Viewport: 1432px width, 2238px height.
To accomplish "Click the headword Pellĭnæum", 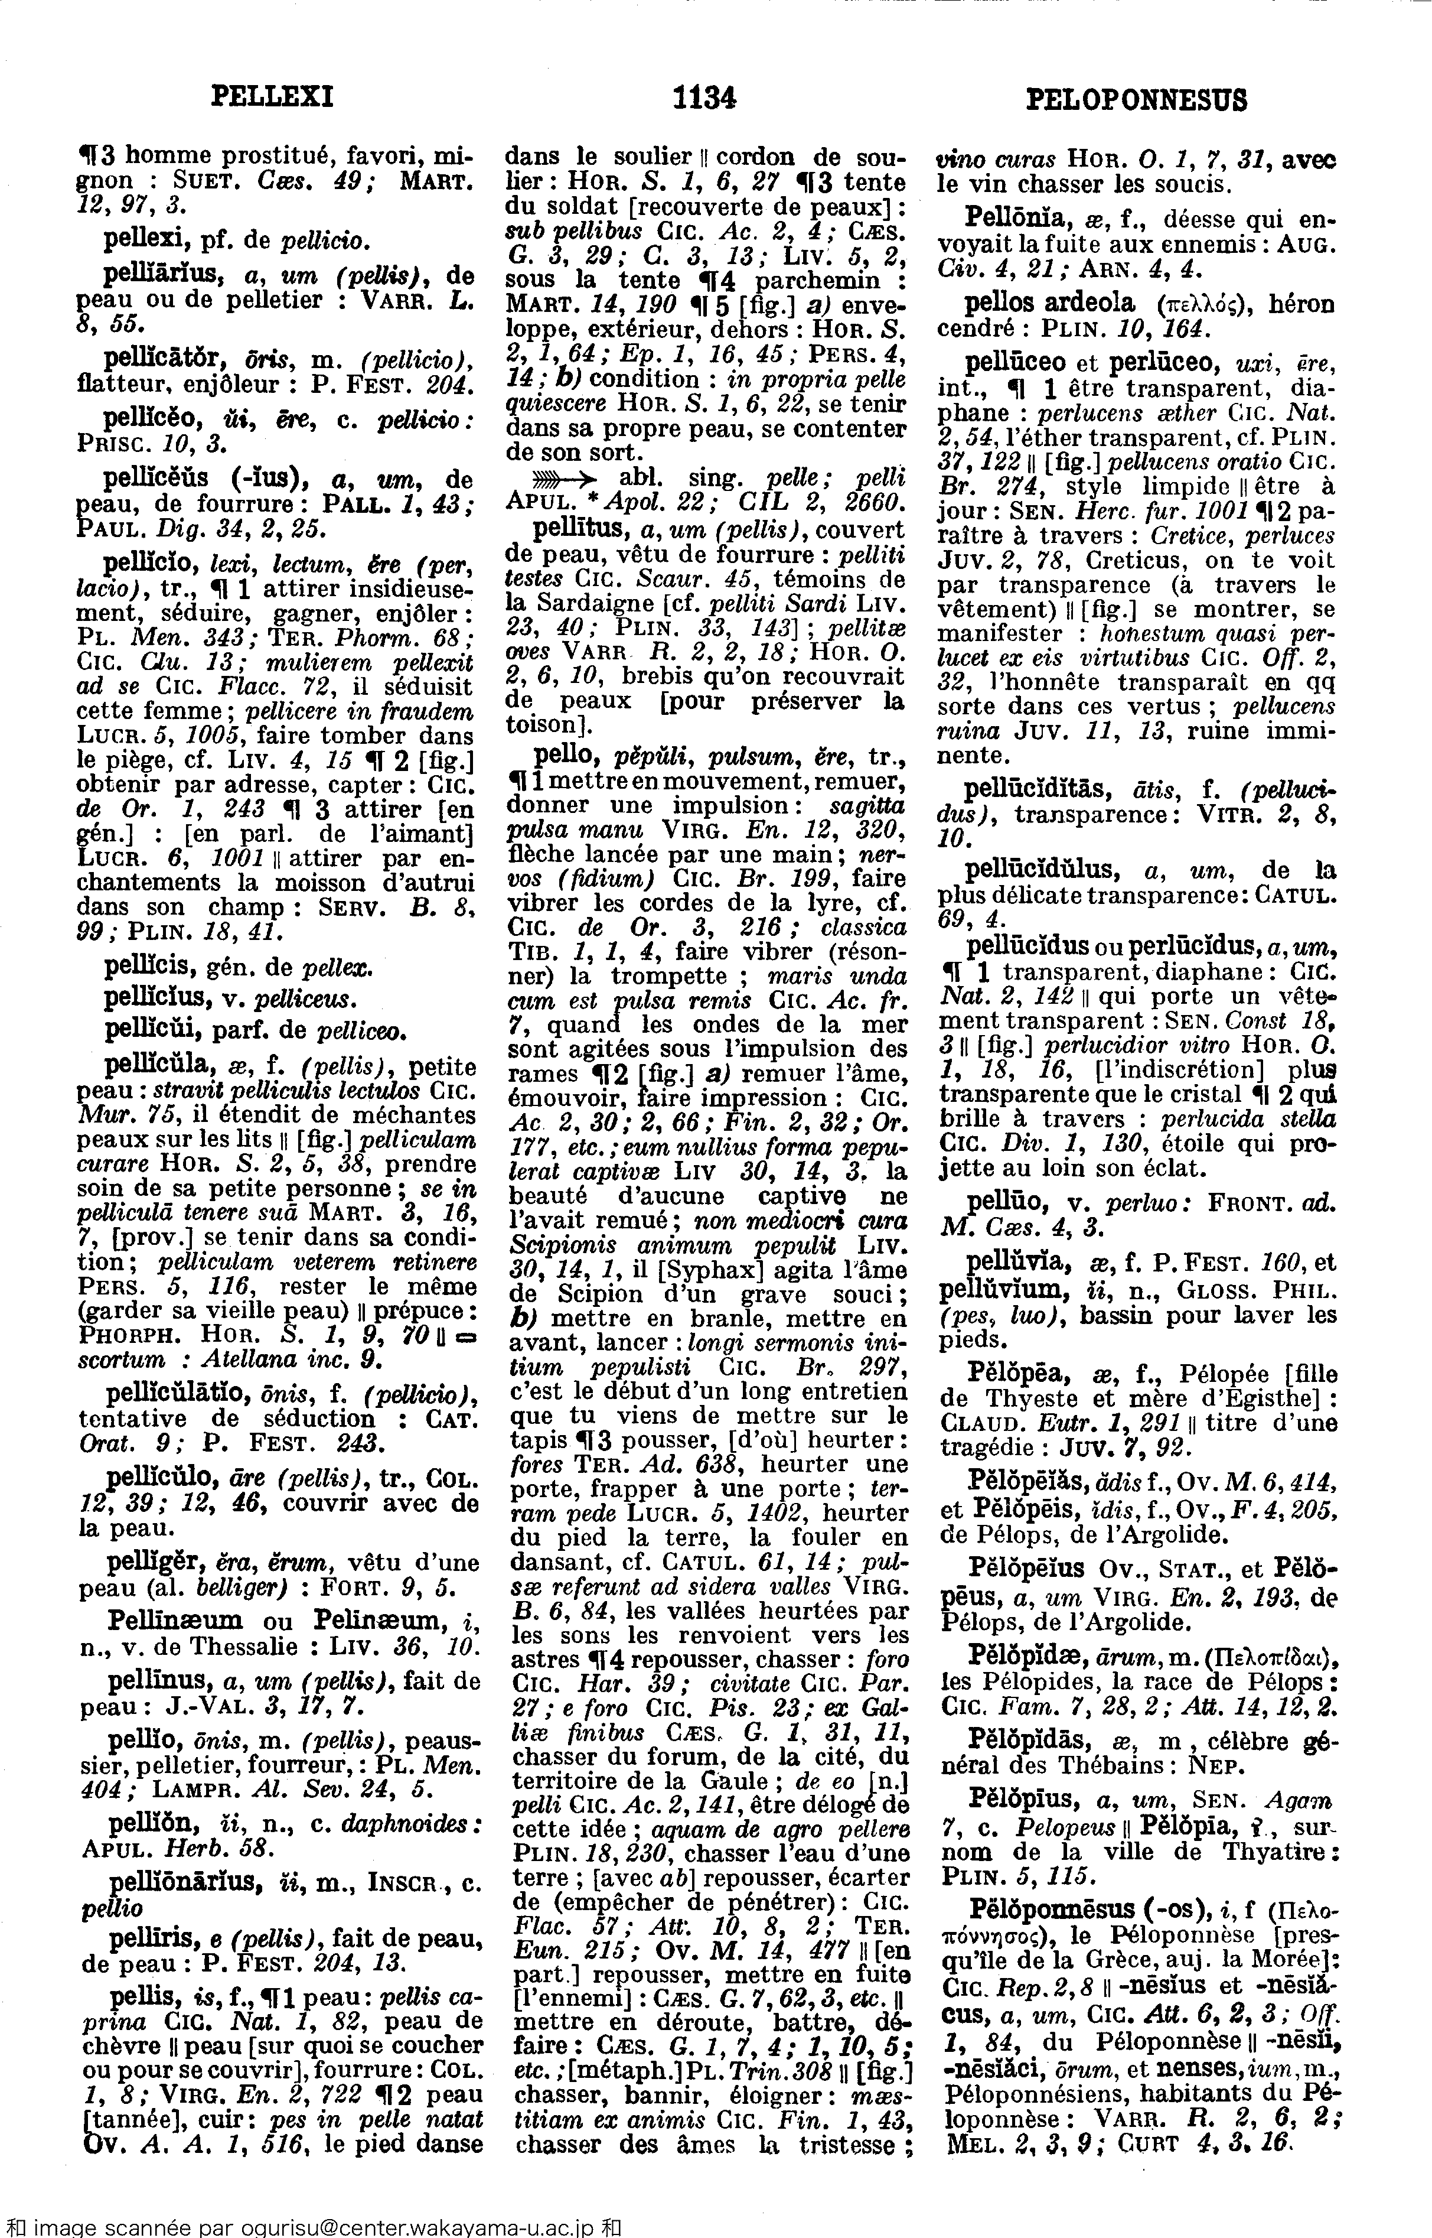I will pos(175,1621).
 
